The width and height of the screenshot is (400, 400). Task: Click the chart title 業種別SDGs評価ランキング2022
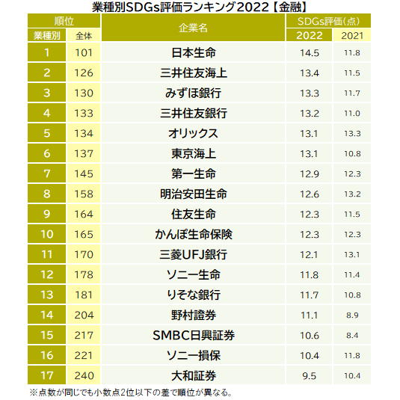(x=200, y=7)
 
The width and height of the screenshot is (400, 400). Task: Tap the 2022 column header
(x=309, y=35)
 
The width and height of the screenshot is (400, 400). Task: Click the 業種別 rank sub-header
(x=46, y=35)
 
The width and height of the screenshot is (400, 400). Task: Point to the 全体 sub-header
(x=83, y=35)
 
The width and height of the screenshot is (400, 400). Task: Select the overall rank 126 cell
(x=83, y=73)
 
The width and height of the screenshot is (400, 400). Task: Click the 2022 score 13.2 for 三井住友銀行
(x=309, y=114)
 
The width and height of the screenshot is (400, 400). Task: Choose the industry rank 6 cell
(x=46, y=154)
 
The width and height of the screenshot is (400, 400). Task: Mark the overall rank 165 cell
(x=83, y=235)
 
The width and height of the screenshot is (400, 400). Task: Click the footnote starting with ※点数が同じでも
(x=130, y=392)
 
